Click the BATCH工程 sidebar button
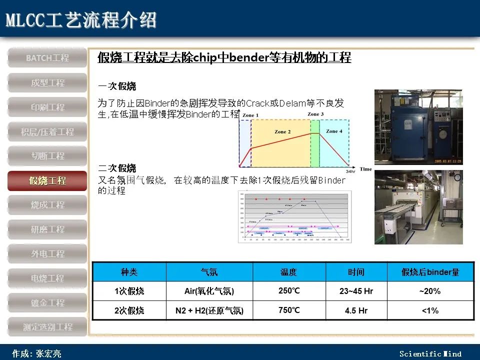[x=47, y=58]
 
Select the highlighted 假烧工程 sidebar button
[x=47, y=180]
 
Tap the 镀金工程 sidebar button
[x=47, y=302]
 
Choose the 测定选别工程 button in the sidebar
[x=47, y=327]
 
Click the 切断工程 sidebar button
[x=47, y=156]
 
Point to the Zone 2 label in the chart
[x=282, y=132]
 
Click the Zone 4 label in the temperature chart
[x=334, y=131]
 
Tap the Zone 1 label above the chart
[x=250, y=115]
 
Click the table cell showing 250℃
[x=289, y=290]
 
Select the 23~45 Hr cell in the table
[x=356, y=291]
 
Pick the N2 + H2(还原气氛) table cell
[x=209, y=310]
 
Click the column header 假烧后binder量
[x=430, y=272]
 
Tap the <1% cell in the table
[x=430, y=310]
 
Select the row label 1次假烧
[x=129, y=291]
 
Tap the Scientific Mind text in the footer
[x=430, y=354]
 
